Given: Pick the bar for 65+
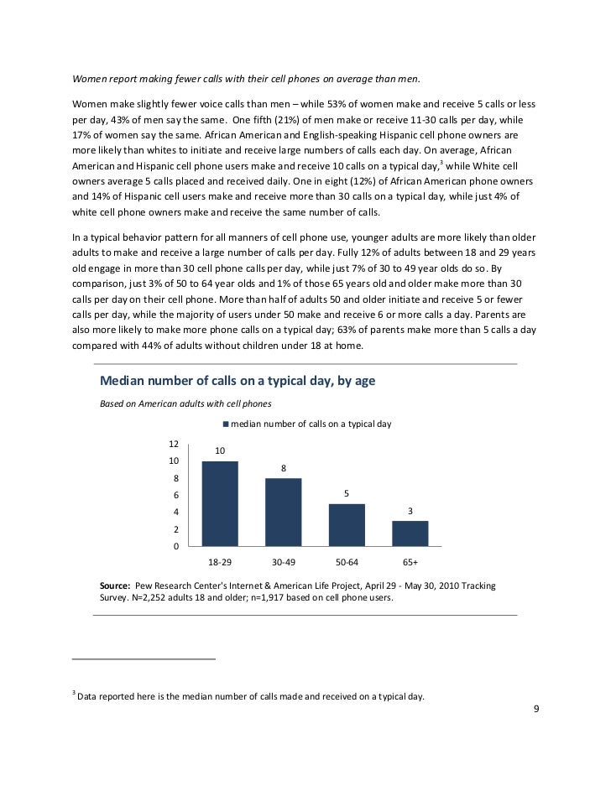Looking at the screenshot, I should [410, 533].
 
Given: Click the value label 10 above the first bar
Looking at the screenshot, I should [220, 451].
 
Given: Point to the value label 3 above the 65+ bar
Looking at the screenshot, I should [410, 510].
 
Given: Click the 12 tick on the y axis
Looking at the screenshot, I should [173, 443].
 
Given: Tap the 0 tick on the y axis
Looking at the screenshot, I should [175, 547].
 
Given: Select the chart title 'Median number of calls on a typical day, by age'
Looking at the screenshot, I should [237, 381].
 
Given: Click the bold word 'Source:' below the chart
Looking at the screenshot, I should [114, 585].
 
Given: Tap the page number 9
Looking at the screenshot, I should [537, 710].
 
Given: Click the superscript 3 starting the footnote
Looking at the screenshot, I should [74, 693].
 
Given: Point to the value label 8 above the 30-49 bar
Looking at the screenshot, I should [284, 468].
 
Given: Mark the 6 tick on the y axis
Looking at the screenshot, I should [175, 495].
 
